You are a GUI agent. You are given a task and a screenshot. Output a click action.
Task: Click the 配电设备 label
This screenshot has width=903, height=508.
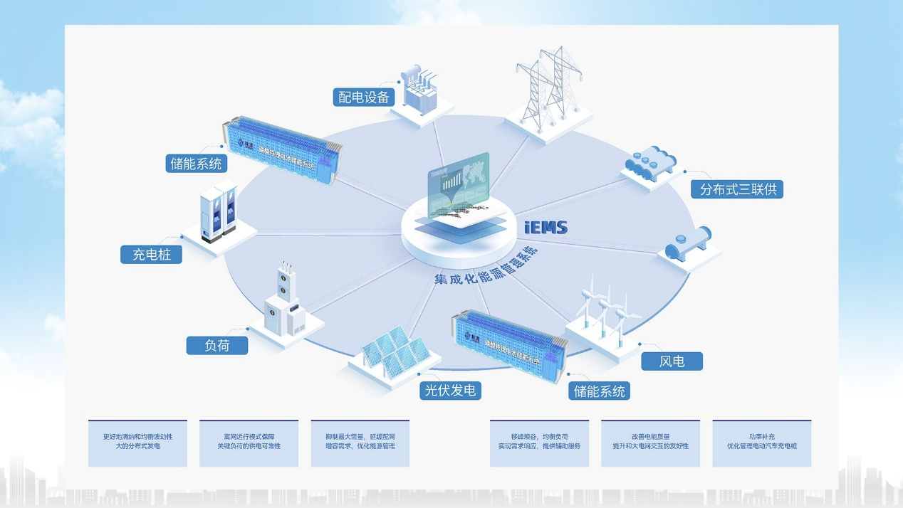click(364, 97)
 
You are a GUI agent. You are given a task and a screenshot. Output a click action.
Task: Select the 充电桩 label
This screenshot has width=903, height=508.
click(151, 254)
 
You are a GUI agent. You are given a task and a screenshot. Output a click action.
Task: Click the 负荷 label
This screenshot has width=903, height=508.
click(217, 345)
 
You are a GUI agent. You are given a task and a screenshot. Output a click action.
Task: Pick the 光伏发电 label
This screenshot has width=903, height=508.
click(449, 390)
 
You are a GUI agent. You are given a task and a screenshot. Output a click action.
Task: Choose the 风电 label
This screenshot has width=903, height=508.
click(672, 361)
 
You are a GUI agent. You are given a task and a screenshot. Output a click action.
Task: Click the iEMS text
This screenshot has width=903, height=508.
click(546, 228)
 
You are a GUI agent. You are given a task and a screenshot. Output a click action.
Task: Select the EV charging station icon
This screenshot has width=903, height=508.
click(219, 211)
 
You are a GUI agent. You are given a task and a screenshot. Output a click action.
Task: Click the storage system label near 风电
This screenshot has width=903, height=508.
click(599, 391)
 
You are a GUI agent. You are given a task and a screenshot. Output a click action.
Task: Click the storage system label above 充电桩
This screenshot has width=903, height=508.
click(196, 163)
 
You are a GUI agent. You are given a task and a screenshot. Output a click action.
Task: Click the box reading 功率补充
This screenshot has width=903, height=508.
click(761, 443)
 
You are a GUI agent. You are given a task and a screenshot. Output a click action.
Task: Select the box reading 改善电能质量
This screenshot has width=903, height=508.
click(650, 443)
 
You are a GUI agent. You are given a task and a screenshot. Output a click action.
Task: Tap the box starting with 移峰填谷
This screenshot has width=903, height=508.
click(539, 443)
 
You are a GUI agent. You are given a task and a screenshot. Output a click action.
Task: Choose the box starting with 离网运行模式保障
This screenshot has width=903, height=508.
click(249, 443)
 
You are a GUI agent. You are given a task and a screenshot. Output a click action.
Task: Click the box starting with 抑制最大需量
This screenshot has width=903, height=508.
click(360, 443)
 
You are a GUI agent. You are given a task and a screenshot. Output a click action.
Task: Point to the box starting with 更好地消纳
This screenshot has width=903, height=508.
click(137, 443)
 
